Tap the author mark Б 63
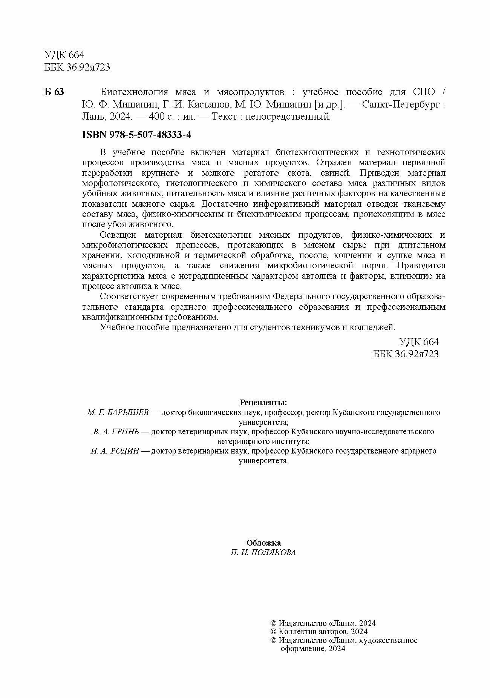(54, 92)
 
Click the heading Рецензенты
(263, 402)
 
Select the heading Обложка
(263, 543)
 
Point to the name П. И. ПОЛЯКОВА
(263, 553)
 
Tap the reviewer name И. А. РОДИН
(115, 451)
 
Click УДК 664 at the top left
(64, 55)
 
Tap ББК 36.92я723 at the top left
(77, 67)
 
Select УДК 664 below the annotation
(419, 342)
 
